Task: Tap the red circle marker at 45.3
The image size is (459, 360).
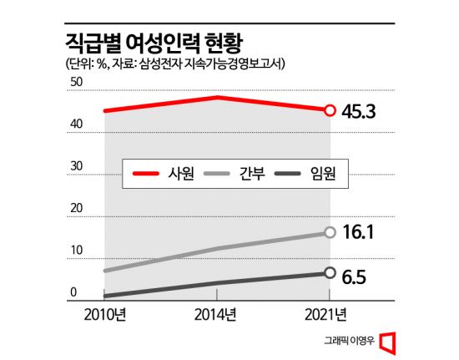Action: [330, 109]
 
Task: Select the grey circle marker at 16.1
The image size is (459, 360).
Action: [330, 232]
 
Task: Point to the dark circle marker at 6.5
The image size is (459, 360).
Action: [330, 273]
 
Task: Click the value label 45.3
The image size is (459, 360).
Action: [361, 109]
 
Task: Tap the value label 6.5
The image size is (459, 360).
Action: [356, 273]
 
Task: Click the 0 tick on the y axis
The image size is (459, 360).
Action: [73, 292]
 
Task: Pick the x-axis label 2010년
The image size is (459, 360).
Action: [104, 314]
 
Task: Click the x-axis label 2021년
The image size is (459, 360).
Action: [330, 314]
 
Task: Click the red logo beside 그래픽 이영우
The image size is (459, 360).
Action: [386, 342]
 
